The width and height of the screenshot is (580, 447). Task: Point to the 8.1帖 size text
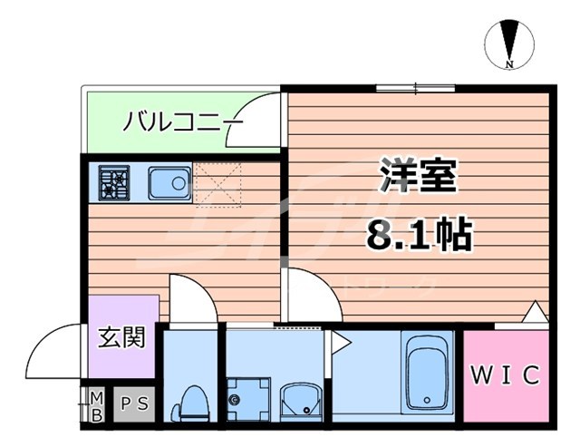[x=418, y=235]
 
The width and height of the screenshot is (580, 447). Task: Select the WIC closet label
[x=507, y=374]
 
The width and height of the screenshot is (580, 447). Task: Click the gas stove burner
[x=116, y=183]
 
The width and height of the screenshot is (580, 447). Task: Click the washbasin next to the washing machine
[x=299, y=400]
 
